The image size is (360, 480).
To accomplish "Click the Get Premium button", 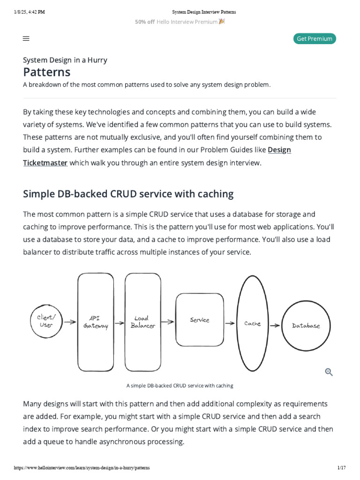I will coord(315,39).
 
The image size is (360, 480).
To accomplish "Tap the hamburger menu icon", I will coord(26,39).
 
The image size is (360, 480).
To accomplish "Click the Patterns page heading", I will coord(47,72).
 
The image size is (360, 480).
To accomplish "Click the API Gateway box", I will coord(96,322).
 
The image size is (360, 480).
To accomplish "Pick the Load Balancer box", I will coord(142,322).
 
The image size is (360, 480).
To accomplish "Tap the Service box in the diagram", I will coord(199,320).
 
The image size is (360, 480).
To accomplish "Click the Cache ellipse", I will coord(253,323).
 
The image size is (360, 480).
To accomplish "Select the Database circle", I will coord(306,325).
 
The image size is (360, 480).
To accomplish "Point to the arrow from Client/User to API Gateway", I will coord(70,322).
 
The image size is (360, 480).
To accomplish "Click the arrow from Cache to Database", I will coord(275,325).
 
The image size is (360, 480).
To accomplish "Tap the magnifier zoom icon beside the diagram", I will coord(329,372).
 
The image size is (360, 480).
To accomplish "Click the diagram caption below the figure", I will coord(180,386).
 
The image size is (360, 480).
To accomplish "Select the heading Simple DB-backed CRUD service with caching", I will coord(128,194).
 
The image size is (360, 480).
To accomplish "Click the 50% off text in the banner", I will coord(144,22).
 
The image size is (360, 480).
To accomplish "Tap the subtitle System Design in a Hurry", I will coord(65,60).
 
